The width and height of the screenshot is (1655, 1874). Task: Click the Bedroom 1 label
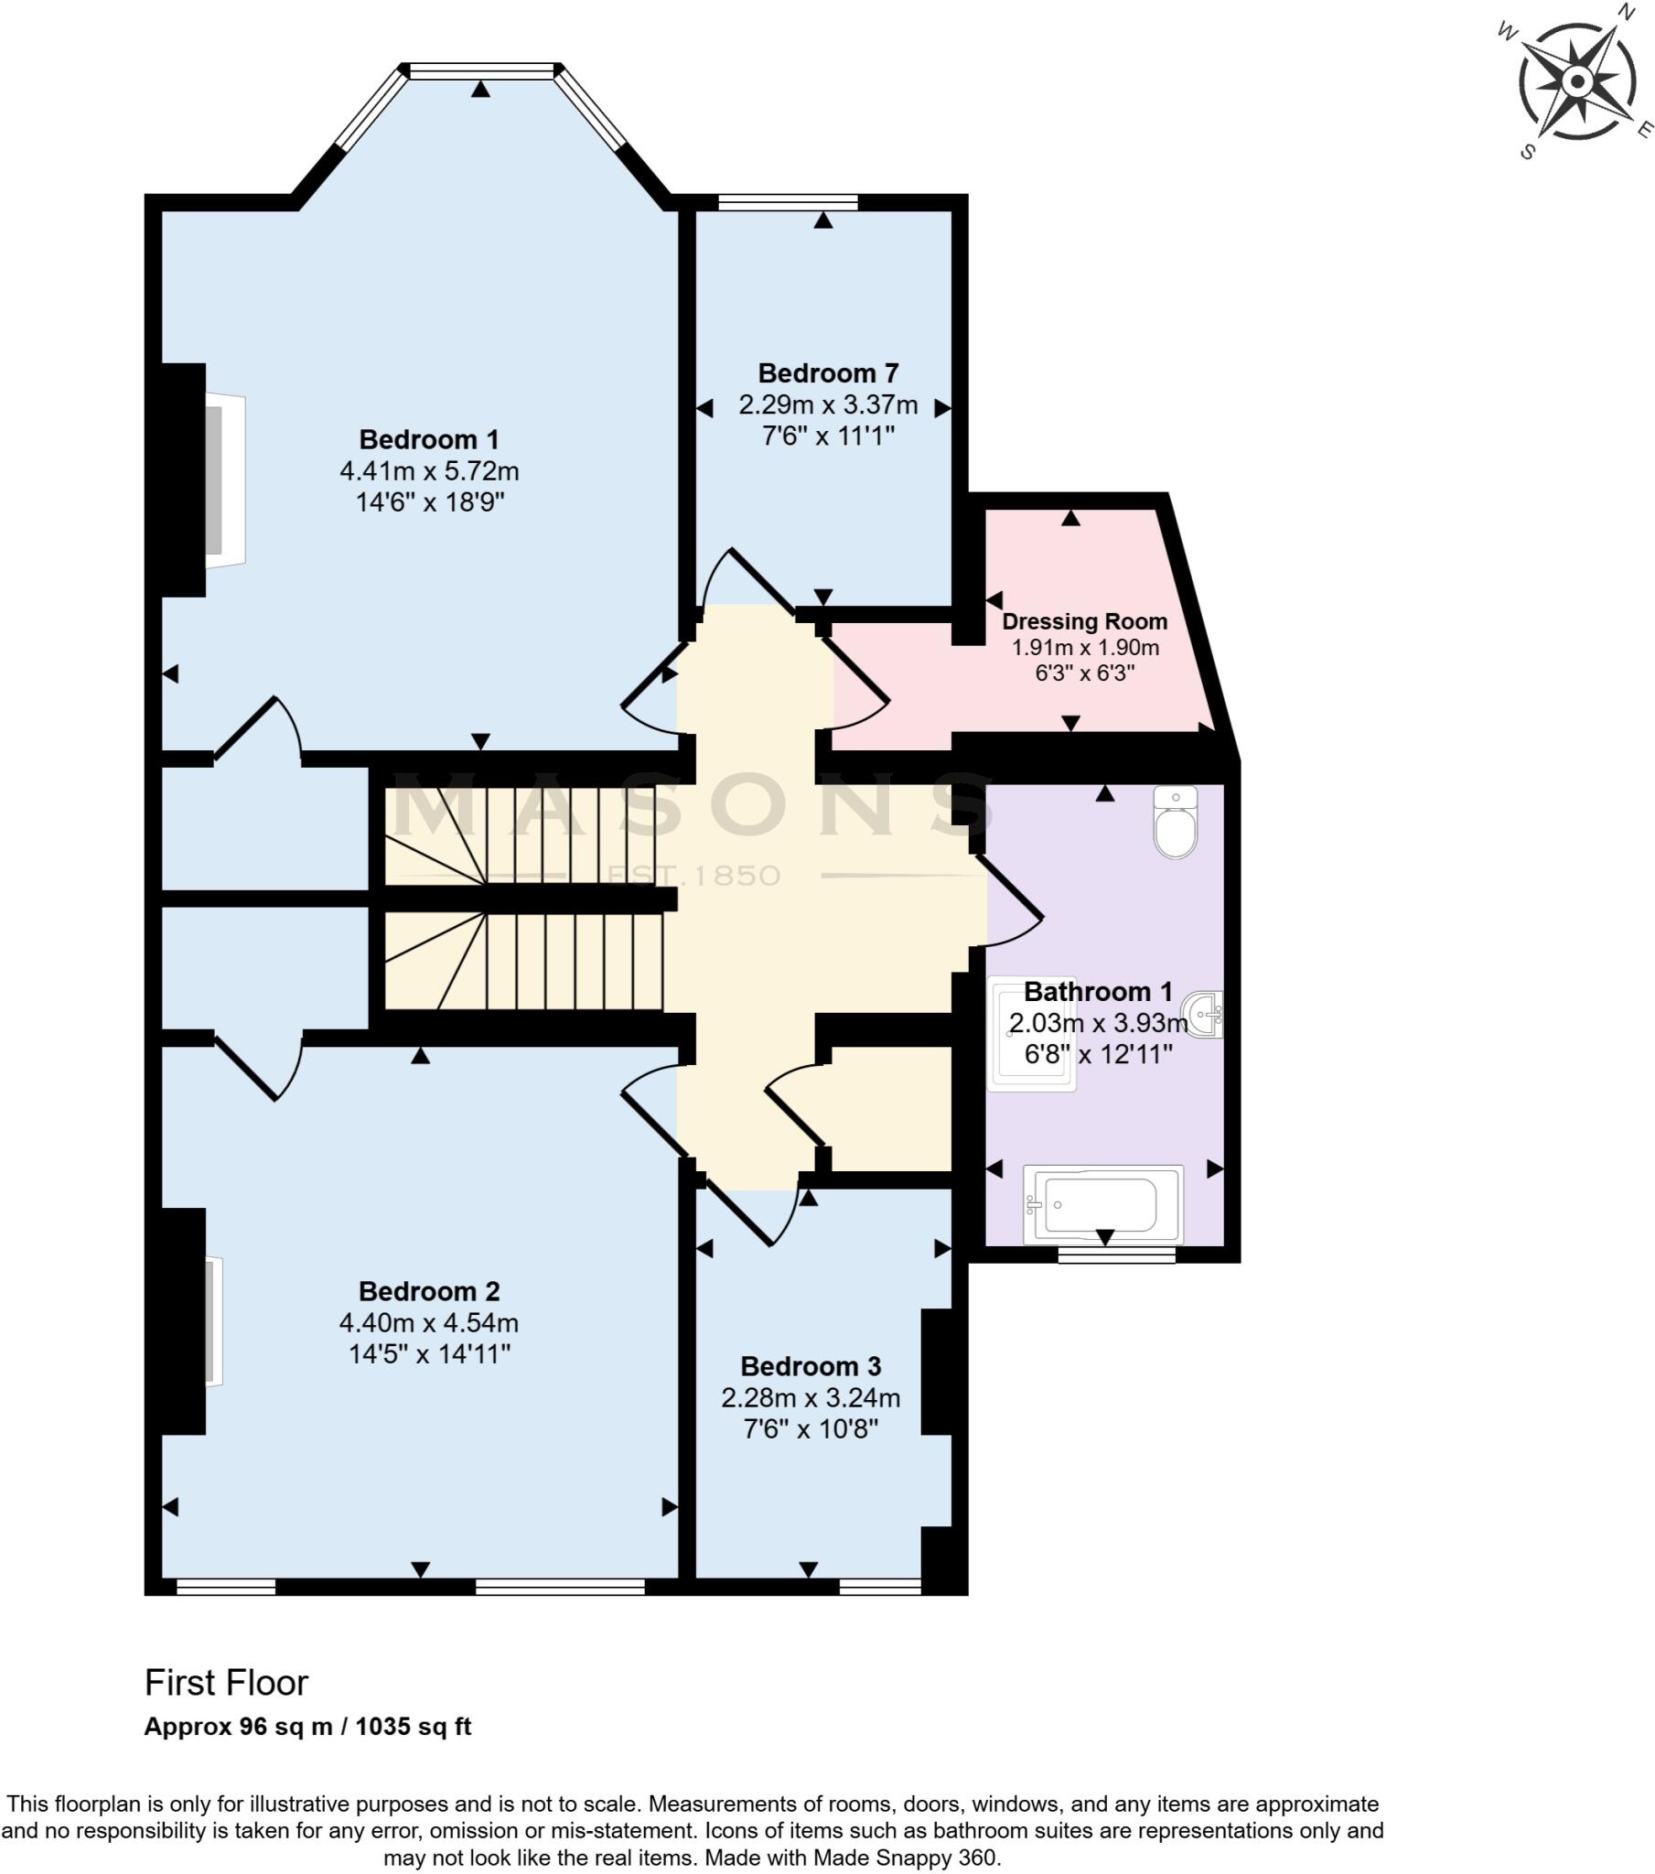[428, 439]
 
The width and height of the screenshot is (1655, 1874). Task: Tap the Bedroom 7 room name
[827, 373]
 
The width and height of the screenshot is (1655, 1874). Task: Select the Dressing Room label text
[1084, 621]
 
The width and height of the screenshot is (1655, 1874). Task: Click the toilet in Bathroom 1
[1175, 822]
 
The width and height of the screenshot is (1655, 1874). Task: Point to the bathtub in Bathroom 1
[1102, 1204]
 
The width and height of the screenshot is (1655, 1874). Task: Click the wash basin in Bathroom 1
[1205, 1014]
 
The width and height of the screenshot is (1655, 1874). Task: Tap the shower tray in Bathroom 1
[1031, 1034]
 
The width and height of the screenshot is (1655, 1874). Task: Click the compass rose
[1576, 82]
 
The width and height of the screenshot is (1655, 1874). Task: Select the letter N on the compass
[1625, 13]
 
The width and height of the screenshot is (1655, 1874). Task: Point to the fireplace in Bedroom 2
[213, 1321]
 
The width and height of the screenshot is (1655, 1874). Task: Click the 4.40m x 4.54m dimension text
[428, 1323]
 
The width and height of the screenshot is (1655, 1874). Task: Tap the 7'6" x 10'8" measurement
[810, 1428]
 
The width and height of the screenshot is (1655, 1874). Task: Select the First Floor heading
[227, 1683]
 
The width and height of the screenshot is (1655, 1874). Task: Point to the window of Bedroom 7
[787, 202]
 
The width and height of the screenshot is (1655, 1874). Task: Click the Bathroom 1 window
[1115, 1255]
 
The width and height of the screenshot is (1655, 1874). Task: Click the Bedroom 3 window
[879, 1586]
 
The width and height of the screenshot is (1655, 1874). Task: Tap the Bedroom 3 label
[810, 1366]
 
